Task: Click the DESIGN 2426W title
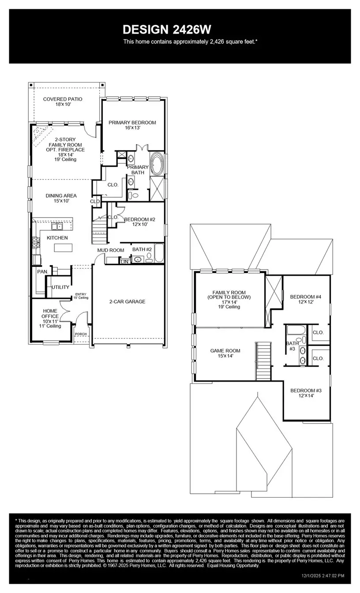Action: tap(167, 30)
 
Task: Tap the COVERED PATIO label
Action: tap(63, 99)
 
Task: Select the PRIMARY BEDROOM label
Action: tap(132, 123)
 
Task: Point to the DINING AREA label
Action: tap(61, 196)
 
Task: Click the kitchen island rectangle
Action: tap(62, 248)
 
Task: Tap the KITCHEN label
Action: tap(57, 238)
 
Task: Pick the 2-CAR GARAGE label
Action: tap(127, 302)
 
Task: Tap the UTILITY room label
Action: tap(60, 287)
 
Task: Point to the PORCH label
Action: tap(80, 334)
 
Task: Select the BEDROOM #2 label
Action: tap(139, 219)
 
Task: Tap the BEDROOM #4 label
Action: tap(305, 297)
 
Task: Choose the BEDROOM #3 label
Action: tap(305, 390)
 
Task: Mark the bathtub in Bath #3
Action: tap(294, 330)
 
